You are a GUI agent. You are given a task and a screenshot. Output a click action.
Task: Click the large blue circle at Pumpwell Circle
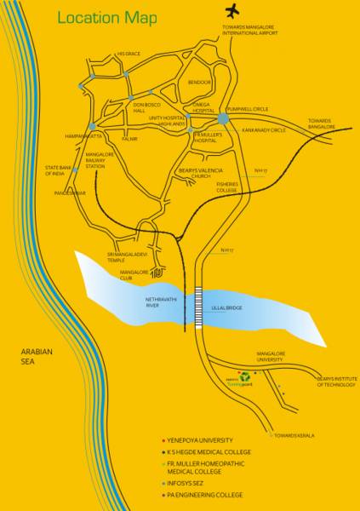(223, 118)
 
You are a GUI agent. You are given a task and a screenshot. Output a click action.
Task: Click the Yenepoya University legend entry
(202, 440)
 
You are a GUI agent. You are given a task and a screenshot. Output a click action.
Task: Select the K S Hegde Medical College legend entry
(209, 451)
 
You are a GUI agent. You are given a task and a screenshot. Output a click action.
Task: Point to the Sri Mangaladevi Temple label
(128, 257)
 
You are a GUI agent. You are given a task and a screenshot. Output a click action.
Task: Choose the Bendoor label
(198, 83)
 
